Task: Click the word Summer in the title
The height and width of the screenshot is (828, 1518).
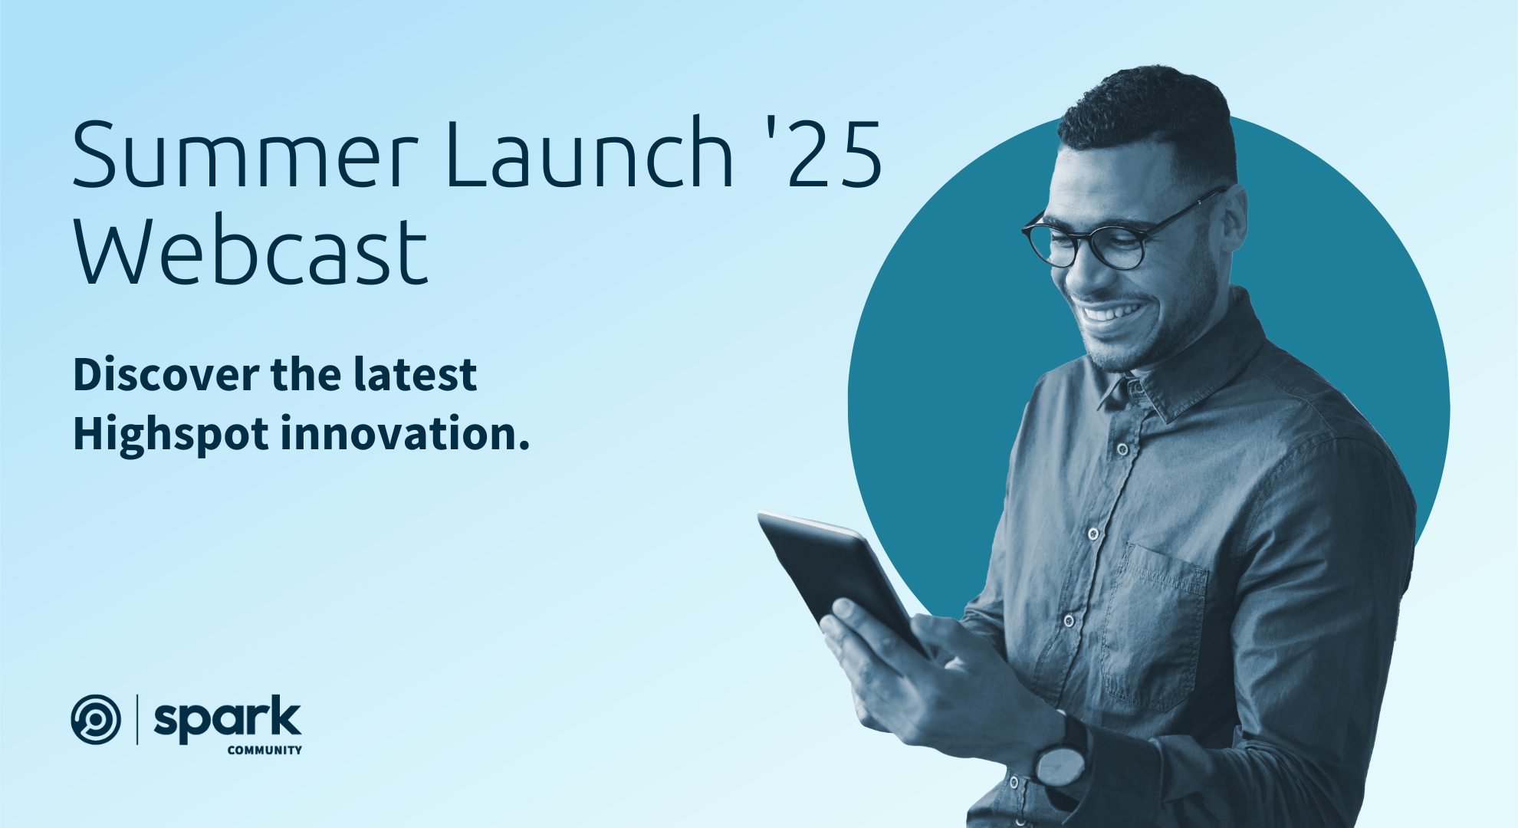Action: (x=245, y=155)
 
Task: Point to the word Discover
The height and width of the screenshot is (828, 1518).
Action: (x=166, y=375)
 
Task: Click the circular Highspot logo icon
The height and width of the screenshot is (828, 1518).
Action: (x=96, y=719)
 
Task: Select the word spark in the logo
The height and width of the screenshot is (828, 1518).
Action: (x=228, y=718)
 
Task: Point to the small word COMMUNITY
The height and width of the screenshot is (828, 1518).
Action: (x=264, y=751)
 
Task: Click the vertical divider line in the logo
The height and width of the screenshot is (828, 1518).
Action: (x=137, y=719)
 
